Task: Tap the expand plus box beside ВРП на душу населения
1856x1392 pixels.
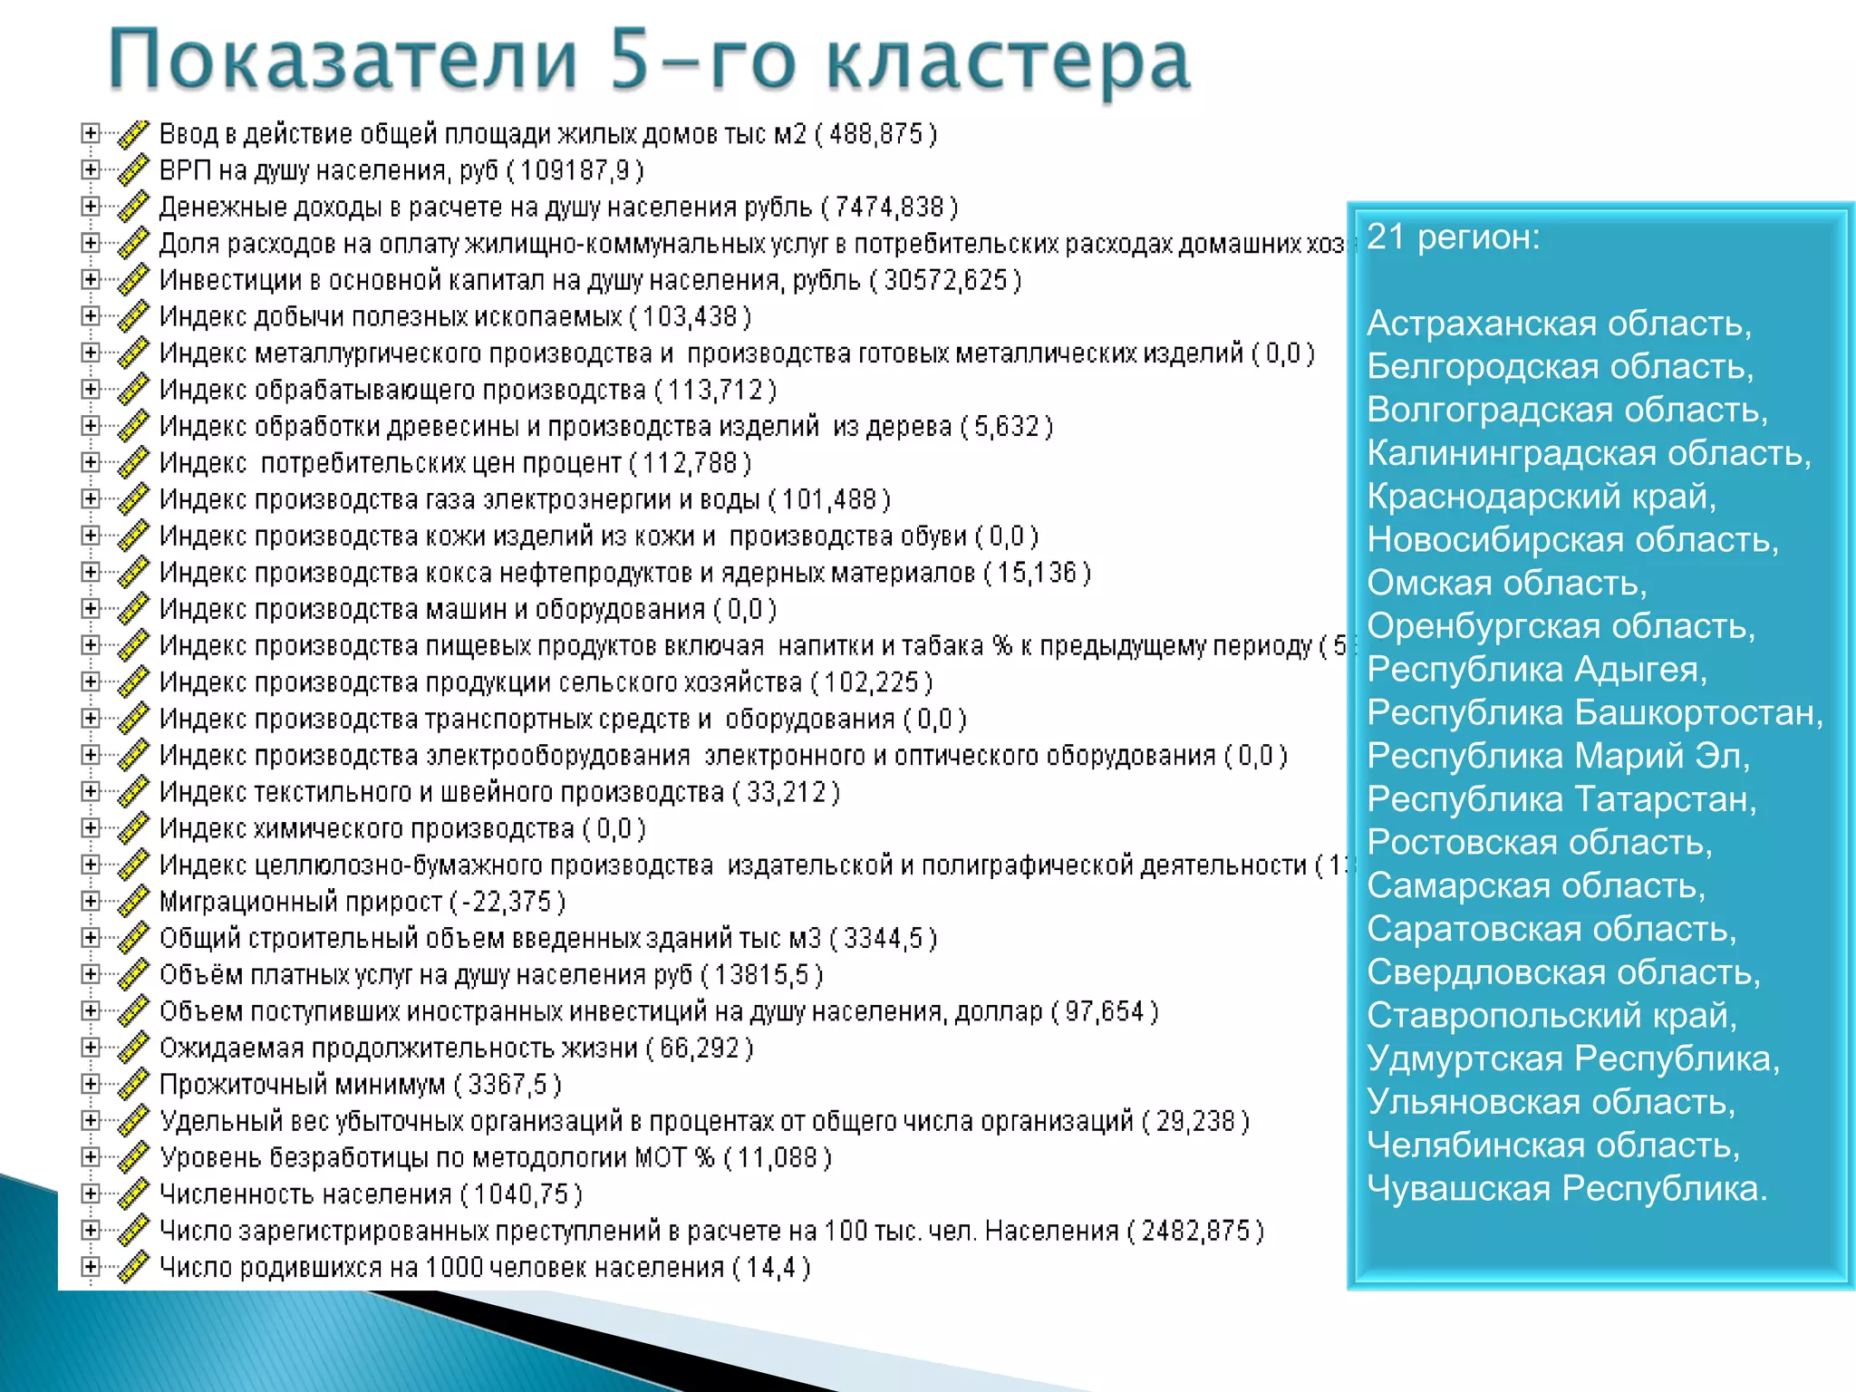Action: (x=90, y=170)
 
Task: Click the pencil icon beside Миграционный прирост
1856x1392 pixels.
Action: (x=133, y=902)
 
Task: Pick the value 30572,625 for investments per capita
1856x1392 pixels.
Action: (x=945, y=280)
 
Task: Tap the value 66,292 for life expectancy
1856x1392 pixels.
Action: (x=700, y=1049)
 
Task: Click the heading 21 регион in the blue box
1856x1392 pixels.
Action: (x=1453, y=237)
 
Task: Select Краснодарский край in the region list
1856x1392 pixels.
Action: (x=1541, y=496)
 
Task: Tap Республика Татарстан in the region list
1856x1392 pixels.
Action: (x=1561, y=798)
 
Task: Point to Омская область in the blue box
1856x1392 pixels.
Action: (x=1506, y=582)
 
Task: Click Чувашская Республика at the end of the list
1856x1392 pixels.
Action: (x=1567, y=1187)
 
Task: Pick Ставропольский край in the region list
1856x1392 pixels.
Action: (x=1551, y=1015)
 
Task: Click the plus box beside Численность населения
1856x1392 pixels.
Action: (x=90, y=1194)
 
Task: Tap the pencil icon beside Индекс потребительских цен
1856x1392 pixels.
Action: (x=133, y=463)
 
